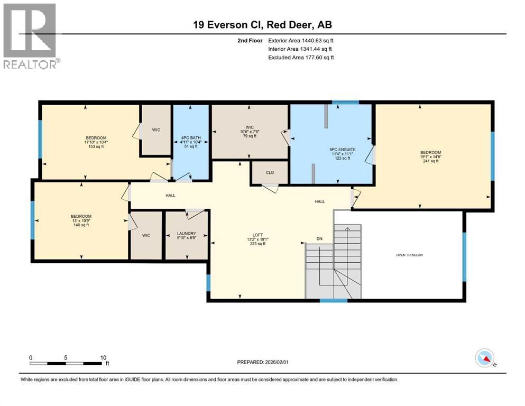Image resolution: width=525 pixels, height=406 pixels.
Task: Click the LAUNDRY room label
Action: [x=186, y=233]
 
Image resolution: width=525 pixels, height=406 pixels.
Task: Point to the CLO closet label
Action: [x=270, y=172]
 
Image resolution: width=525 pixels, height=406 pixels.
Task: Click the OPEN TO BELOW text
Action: [x=409, y=255]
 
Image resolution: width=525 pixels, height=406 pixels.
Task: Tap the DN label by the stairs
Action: [x=319, y=239]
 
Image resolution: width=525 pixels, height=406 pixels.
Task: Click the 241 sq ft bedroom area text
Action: [x=430, y=161]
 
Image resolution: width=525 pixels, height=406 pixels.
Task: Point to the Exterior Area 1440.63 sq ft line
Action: [x=301, y=40]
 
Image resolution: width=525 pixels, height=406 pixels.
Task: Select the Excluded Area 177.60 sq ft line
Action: [x=301, y=57]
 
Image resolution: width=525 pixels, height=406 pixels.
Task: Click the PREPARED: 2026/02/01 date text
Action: [x=265, y=362]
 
